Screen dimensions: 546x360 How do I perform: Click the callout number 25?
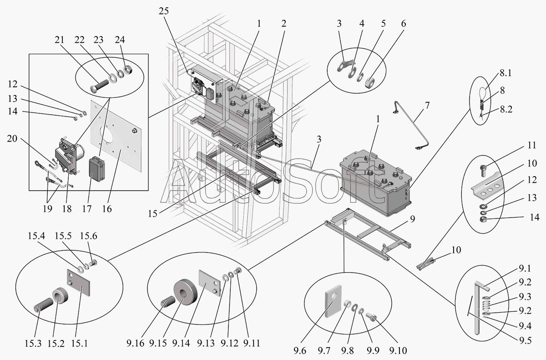(x=163, y=11)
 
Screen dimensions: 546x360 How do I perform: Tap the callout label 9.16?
(x=135, y=343)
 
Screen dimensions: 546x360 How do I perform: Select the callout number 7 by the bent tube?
(x=427, y=105)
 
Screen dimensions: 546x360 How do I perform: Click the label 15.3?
(x=33, y=344)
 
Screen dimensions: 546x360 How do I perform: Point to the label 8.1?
(x=506, y=73)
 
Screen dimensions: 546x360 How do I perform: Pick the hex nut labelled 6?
(x=370, y=83)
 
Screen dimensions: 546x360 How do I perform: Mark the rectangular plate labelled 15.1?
(x=78, y=282)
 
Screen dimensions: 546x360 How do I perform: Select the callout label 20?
(x=12, y=138)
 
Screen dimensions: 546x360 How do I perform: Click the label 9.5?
(x=525, y=340)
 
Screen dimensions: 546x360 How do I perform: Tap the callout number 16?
(x=107, y=209)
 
